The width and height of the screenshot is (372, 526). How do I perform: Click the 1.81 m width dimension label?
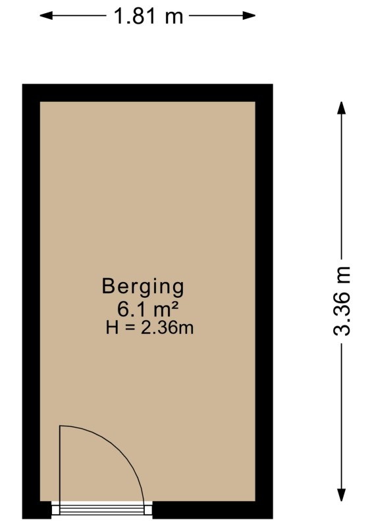tap(149, 16)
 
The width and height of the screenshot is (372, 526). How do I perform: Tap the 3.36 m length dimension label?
tap(342, 301)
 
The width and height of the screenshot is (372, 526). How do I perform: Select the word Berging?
tap(143, 287)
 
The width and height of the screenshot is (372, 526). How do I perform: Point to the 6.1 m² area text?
tap(147, 309)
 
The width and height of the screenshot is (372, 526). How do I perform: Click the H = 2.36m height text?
tap(149, 327)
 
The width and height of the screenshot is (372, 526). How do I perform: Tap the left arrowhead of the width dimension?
tap(46, 15)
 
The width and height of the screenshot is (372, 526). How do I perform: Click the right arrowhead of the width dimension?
tap(249, 15)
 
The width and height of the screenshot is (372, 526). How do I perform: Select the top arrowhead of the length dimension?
tap(342, 108)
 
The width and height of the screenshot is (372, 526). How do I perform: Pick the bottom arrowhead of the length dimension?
tap(342, 495)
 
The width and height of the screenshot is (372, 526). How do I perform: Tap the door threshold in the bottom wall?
tap(102, 508)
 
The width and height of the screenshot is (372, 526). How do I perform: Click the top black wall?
tap(147, 93)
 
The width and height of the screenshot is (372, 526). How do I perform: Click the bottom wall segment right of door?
tap(213, 510)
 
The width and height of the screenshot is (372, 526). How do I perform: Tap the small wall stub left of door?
tap(37, 510)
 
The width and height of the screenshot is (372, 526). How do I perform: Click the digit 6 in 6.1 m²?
tap(122, 309)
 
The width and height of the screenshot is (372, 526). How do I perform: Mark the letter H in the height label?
tap(112, 328)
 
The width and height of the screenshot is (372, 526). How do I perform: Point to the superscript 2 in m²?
tap(174, 305)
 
